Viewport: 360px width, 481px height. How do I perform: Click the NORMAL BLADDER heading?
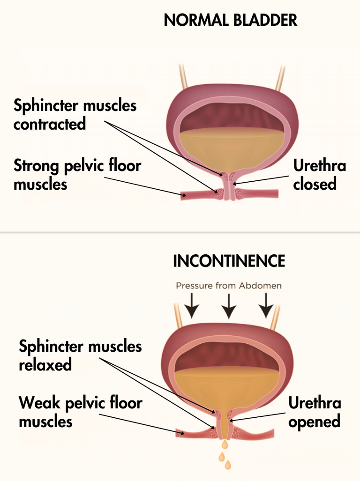[x=230, y=20]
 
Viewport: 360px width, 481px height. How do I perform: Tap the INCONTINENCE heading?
[x=229, y=261]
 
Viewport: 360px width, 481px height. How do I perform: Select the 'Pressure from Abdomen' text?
[x=229, y=285]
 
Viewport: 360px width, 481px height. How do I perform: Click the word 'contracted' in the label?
[x=50, y=124]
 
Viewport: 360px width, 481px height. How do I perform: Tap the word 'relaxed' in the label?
[x=45, y=364]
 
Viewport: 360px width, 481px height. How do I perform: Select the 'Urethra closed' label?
[x=319, y=175]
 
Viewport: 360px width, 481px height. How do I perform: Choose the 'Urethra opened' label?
[x=315, y=412]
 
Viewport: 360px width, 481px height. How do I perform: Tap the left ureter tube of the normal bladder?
[x=183, y=78]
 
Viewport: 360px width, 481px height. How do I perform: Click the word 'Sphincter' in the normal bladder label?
[x=45, y=105]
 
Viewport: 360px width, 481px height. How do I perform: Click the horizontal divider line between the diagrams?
[x=180, y=232]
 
